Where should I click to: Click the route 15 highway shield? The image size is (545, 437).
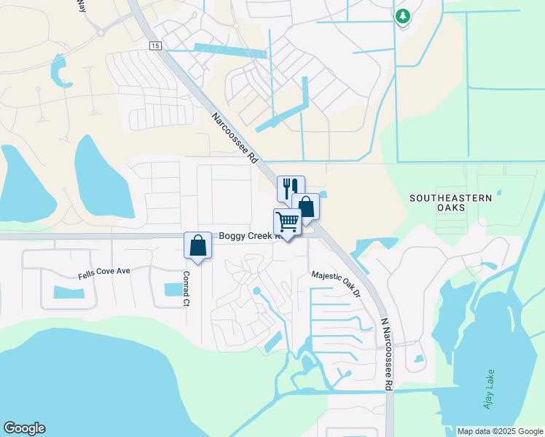pos(155,46)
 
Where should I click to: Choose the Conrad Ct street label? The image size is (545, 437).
pos(187,288)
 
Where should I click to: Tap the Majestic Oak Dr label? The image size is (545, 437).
pos(337,284)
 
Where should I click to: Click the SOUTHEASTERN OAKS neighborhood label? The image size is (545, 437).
pos(450,202)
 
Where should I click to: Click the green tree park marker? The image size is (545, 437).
pos(402,16)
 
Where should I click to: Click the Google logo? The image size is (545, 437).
pos(24,428)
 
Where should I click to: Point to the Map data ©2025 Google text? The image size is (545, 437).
pos(499,431)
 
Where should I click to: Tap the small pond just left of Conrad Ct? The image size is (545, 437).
pos(174,289)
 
